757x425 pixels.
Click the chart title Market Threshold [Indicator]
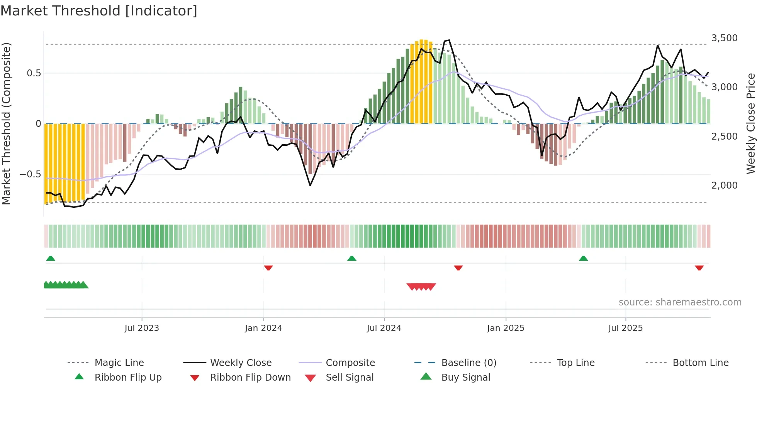pos(99,11)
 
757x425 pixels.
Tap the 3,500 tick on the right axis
pos(724,38)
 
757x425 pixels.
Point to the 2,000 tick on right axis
pos(724,186)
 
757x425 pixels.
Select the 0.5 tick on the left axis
pos(34,73)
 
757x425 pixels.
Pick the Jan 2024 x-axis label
pos(263,328)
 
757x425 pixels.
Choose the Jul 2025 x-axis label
pos(625,328)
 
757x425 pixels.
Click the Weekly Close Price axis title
pos(750,123)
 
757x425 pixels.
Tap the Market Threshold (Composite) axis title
pos(6,123)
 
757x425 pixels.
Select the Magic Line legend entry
pos(119,363)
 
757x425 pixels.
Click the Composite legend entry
pos(350,363)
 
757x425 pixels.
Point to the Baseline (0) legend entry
pos(468,363)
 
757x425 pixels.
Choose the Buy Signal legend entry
pos(465,378)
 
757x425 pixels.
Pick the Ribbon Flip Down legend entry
pos(250,378)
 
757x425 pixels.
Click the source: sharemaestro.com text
pos(680,302)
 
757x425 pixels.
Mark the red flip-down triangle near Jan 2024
pos(268,268)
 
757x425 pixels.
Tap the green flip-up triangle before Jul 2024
pos(351,258)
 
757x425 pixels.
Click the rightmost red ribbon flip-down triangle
pos(699,268)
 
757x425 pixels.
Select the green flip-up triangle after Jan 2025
pos(583,258)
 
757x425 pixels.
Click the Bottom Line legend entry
pos(700,363)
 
